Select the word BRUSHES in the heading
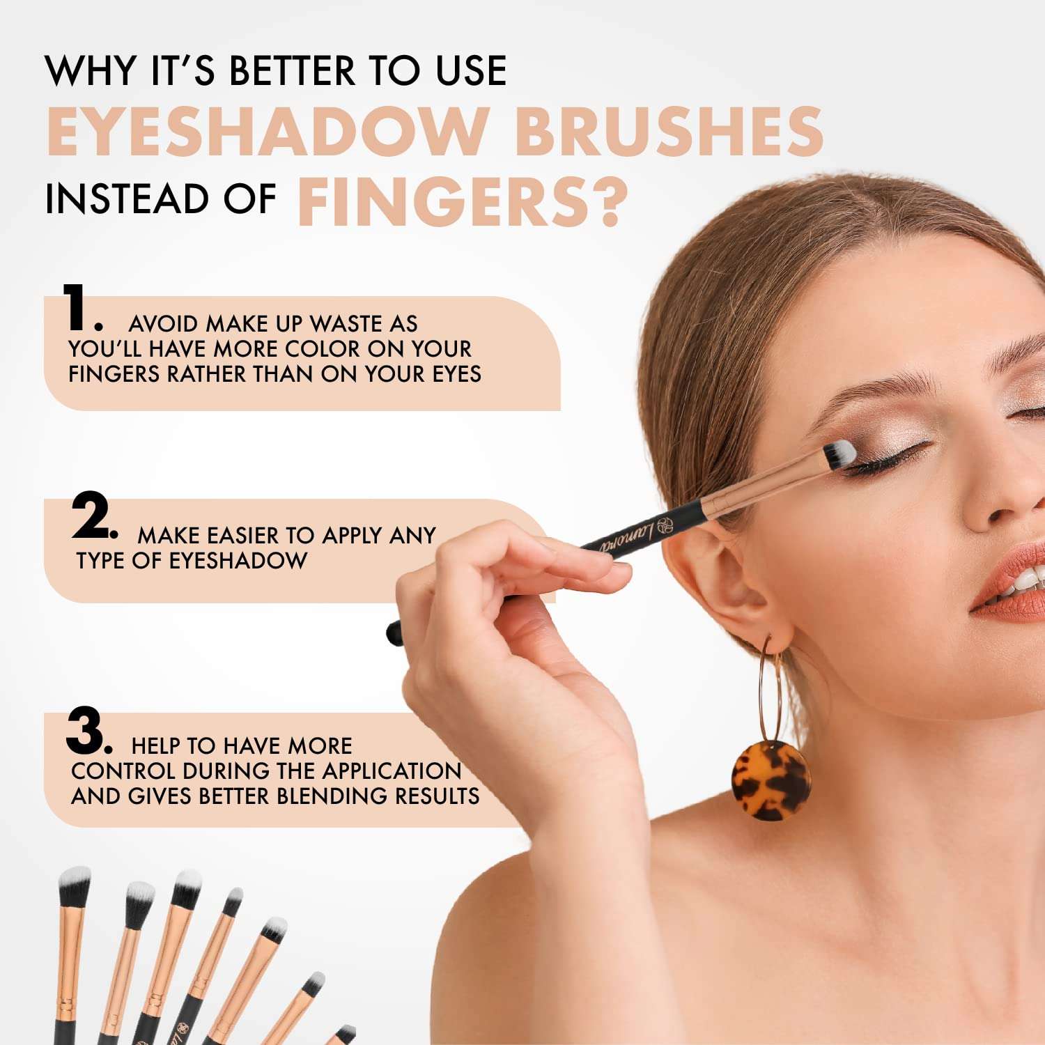(669, 132)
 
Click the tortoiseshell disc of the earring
(771, 780)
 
